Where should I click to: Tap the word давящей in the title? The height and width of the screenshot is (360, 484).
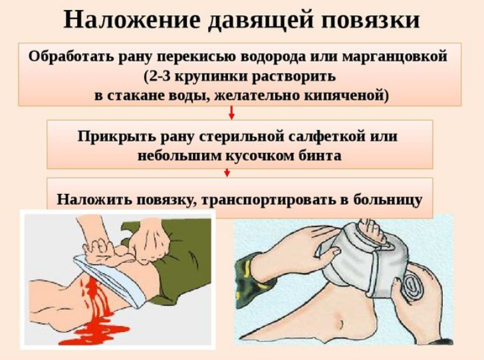tap(261, 21)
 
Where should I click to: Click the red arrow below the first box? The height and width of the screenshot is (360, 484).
tap(231, 113)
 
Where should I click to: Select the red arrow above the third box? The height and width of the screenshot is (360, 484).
tap(227, 173)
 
